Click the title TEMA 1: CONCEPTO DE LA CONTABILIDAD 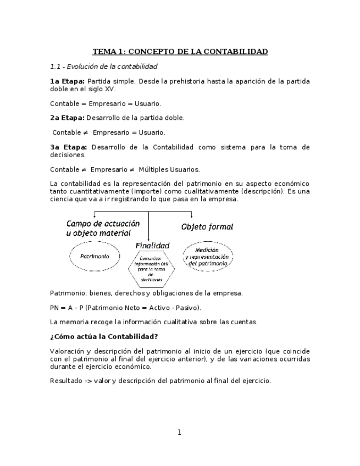[180, 52]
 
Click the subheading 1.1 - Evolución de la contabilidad [103, 66]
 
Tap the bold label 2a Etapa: [67, 118]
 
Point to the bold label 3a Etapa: [68, 147]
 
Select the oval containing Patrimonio [95, 257]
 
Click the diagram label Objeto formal [207, 226]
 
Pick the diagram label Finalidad [152, 245]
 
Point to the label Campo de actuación [103, 224]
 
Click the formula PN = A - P [67, 307]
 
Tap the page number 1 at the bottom [179, 432]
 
